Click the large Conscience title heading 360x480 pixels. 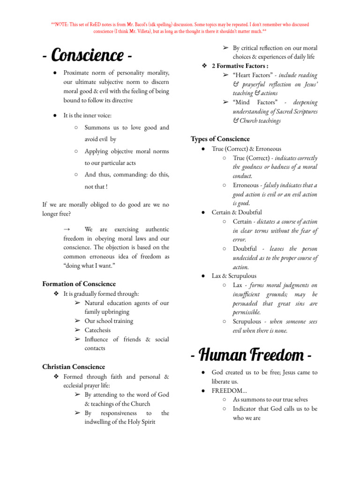[86, 56]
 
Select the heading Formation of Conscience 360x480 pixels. [79, 284]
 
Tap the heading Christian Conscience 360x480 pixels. [74, 367]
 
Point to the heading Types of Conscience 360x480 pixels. [220, 139]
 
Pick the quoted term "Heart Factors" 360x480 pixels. [254, 75]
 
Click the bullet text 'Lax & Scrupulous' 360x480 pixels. [234, 276]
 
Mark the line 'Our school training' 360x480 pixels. [109, 321]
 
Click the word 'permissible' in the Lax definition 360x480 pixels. [247, 312]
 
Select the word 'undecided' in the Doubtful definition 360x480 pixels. [249, 258]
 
